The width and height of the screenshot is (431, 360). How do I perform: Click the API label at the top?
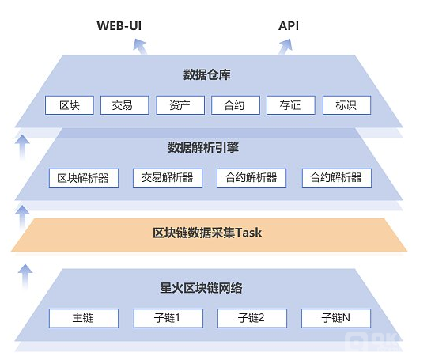(x=289, y=25)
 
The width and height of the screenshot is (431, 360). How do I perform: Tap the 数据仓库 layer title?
(x=206, y=75)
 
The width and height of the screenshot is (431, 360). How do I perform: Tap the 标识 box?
(x=341, y=104)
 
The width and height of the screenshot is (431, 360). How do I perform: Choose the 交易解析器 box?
(x=167, y=177)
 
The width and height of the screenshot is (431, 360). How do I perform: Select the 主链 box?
(x=83, y=318)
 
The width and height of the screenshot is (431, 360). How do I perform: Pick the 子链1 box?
(x=167, y=318)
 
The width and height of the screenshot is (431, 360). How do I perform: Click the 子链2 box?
(x=251, y=318)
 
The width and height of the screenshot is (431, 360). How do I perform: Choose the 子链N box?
(x=335, y=318)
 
